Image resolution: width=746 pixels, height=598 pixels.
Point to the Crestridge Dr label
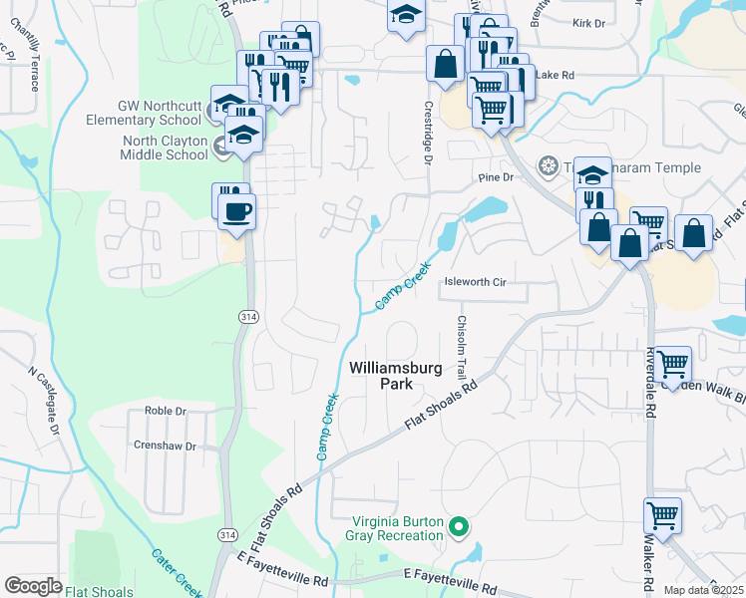(428, 132)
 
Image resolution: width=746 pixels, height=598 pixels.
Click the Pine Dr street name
(495, 177)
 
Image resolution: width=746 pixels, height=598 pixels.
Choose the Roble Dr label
(167, 411)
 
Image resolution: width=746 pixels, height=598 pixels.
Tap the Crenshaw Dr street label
(165, 447)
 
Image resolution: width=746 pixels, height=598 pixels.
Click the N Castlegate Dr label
(44, 398)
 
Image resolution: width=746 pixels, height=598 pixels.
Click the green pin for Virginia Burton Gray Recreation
(459, 526)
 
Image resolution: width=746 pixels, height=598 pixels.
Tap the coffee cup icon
(236, 211)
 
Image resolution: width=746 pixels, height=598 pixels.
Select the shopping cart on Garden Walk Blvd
(673, 363)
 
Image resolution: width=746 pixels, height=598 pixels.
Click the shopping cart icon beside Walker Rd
(662, 515)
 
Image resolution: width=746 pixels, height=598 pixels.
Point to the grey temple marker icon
(547, 164)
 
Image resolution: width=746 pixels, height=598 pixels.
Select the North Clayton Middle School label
(164, 148)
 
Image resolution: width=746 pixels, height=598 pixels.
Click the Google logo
(33, 586)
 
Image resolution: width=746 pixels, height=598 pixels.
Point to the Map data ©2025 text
(703, 590)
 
